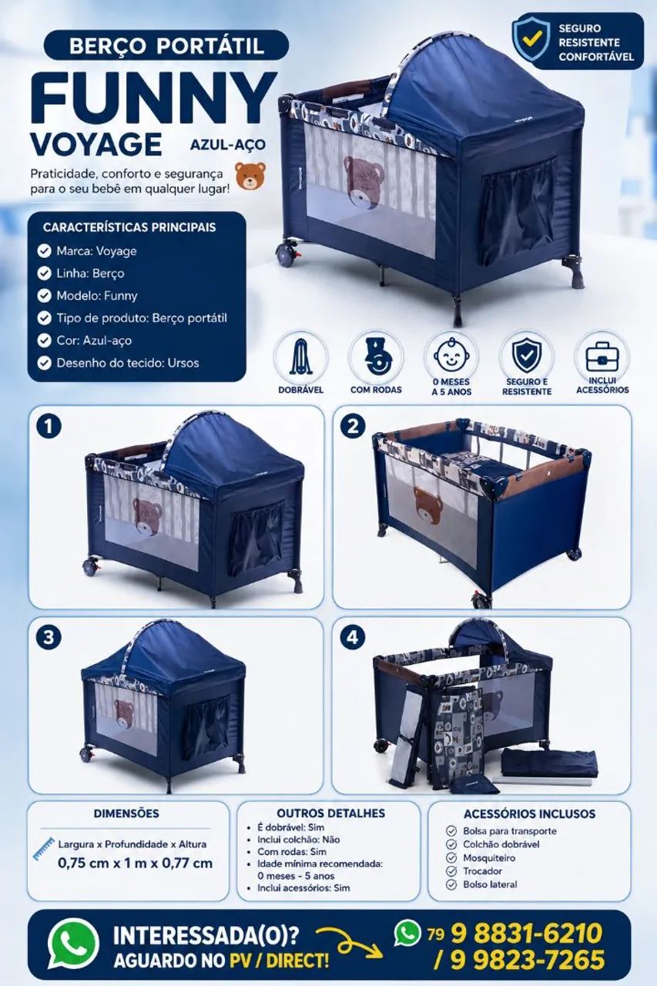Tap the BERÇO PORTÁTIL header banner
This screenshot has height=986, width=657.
click(x=166, y=45)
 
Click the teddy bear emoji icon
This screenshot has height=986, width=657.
click(x=250, y=176)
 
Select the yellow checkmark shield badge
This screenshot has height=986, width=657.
click(x=531, y=40)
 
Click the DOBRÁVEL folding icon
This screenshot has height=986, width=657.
click(x=301, y=357)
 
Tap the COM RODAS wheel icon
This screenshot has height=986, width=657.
click(x=376, y=357)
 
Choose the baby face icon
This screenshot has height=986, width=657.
click(x=451, y=355)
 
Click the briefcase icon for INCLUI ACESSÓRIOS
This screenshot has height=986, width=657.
click(x=602, y=356)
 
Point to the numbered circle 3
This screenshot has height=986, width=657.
click(x=49, y=638)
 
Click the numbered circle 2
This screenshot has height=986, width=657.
click(x=353, y=427)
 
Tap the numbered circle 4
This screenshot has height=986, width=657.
click(x=353, y=638)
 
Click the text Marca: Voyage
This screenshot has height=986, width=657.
click(x=96, y=251)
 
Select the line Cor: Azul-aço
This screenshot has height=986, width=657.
click(x=94, y=340)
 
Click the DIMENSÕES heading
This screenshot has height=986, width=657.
click(x=126, y=813)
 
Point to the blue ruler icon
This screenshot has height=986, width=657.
click(x=44, y=848)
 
